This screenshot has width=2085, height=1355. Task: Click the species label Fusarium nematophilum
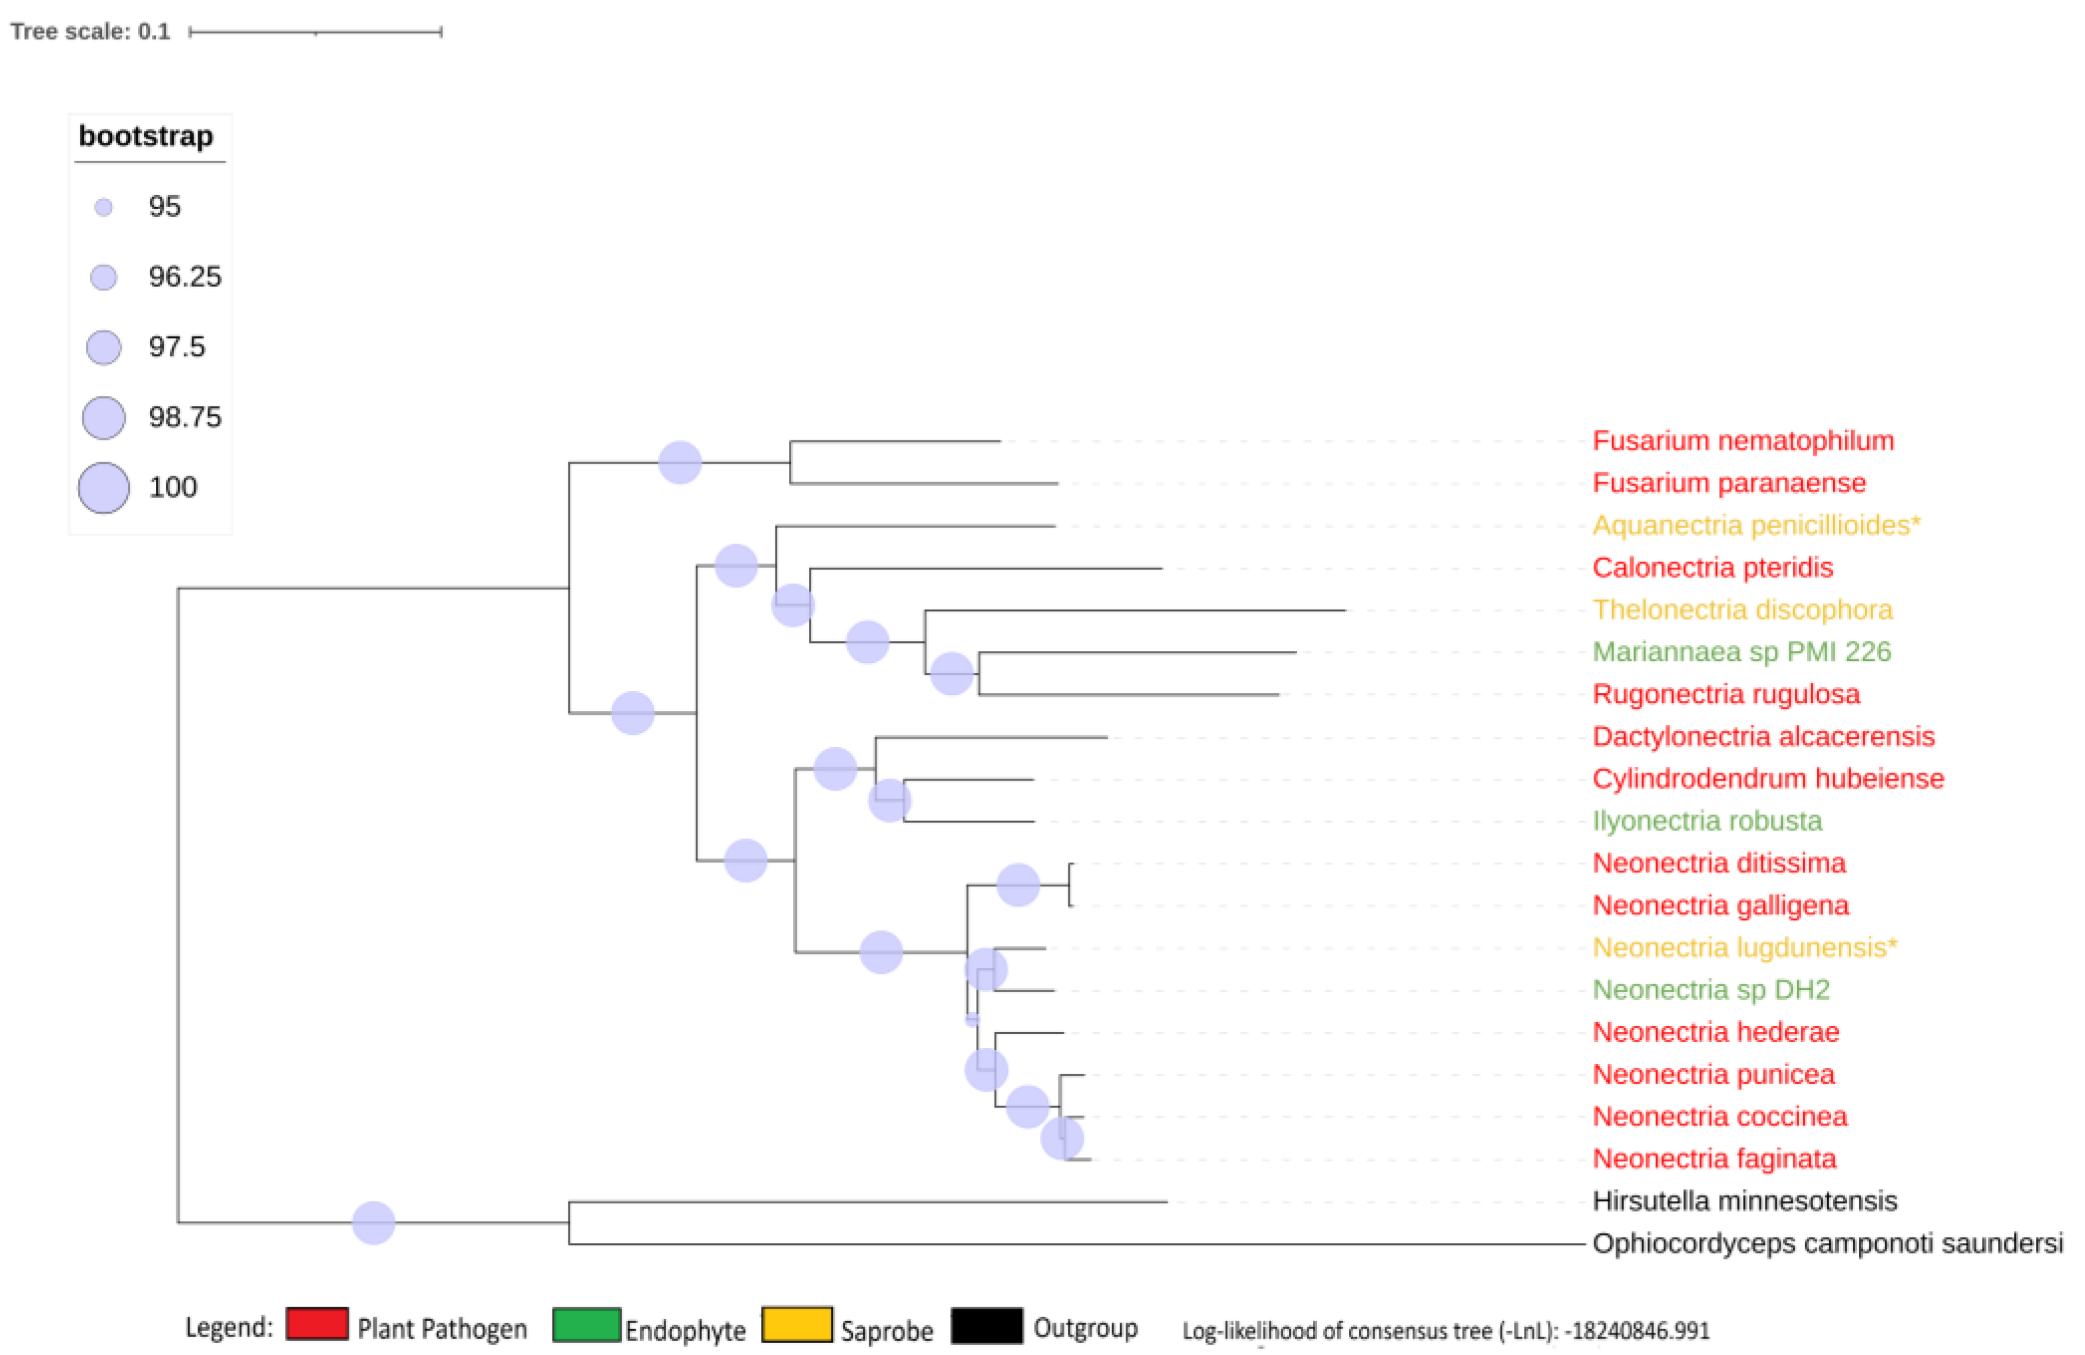[1741, 440]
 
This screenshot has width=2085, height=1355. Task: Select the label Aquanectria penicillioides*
[1755, 525]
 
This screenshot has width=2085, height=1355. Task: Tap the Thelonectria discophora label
[1741, 610]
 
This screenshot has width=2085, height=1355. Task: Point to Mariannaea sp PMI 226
[1741, 652]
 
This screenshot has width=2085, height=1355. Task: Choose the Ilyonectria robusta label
[1706, 820]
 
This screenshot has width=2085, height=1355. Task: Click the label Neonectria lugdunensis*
[1744, 948]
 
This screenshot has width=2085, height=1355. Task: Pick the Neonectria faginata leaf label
[1714, 1159]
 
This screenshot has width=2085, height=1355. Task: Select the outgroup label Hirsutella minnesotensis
[1744, 1201]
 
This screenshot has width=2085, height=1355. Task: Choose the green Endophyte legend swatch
[586, 1324]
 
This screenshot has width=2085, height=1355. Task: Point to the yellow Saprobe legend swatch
[796, 1324]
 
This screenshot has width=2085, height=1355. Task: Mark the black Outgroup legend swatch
[986, 1325]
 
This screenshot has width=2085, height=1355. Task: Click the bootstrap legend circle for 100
[103, 488]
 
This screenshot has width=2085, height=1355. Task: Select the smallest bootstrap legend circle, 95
[103, 208]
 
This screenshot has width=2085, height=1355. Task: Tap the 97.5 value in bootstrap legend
[176, 347]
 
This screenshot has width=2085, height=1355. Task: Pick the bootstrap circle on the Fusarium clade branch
[680, 462]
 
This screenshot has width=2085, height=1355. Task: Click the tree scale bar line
[316, 32]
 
